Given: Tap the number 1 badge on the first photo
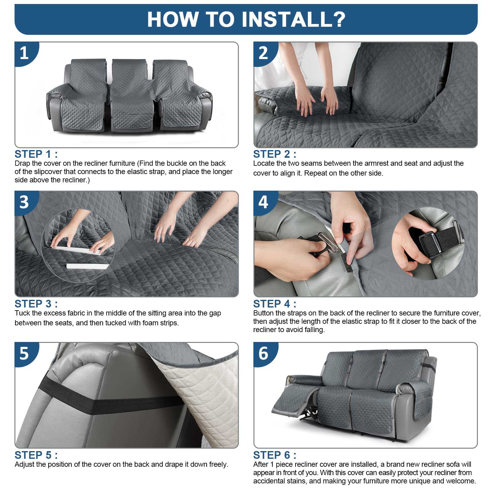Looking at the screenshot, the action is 25,53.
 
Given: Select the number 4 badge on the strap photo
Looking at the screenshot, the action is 264,202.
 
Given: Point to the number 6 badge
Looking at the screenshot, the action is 264,353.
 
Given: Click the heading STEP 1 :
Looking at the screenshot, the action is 36,154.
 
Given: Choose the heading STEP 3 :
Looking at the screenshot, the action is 36,304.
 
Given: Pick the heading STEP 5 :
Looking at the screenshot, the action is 36,455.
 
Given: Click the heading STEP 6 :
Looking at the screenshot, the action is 275,455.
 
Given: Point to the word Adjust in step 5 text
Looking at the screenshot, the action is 24,465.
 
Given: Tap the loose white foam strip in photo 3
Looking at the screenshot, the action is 87,266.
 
